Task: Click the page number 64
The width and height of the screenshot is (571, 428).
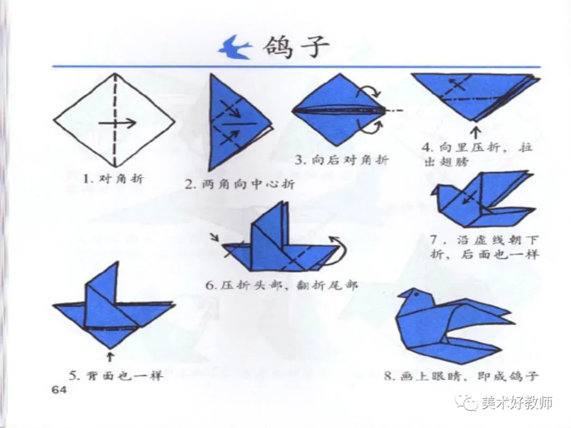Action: click(x=60, y=390)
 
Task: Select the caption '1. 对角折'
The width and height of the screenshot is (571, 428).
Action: click(x=113, y=179)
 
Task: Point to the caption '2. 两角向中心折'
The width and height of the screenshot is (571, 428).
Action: click(x=240, y=184)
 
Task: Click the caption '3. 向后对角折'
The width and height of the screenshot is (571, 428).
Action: click(x=342, y=160)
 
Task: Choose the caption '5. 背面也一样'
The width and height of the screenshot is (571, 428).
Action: click(x=116, y=375)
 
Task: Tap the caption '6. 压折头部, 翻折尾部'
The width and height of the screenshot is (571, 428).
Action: click(x=281, y=285)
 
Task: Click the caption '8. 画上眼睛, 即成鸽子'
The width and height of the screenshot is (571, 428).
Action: click(x=462, y=375)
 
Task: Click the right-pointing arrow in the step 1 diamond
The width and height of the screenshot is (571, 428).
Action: click(x=117, y=123)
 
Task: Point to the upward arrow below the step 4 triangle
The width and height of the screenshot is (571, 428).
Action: click(x=476, y=132)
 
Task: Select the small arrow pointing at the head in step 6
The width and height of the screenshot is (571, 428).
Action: click(x=215, y=238)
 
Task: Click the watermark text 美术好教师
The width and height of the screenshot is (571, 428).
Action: click(x=517, y=403)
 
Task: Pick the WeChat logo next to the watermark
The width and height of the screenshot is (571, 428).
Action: click(x=467, y=402)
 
